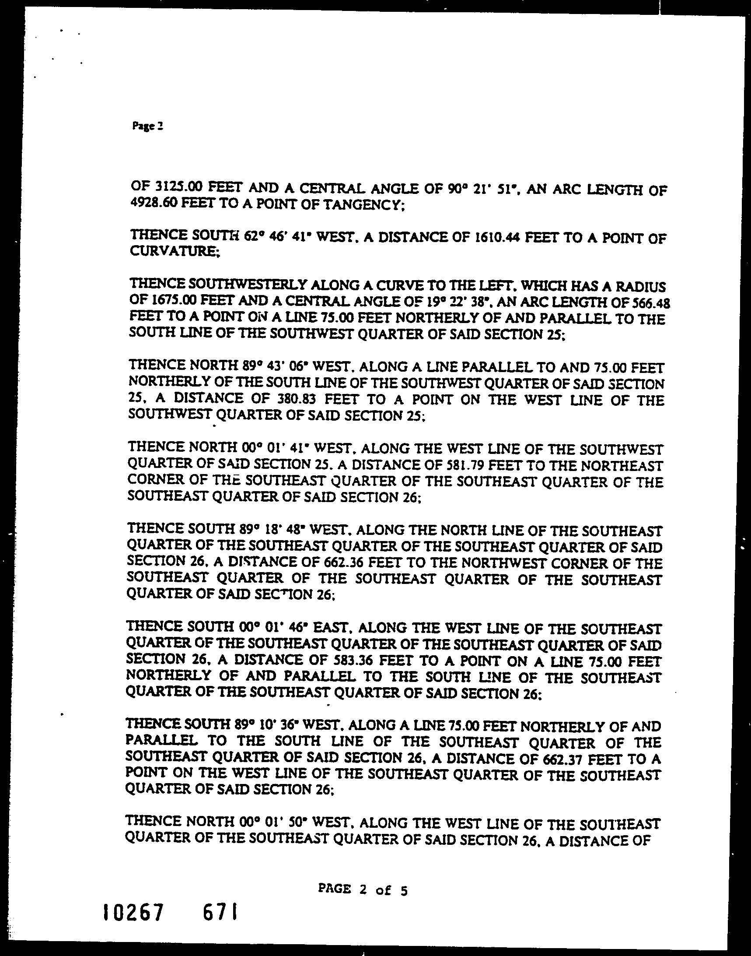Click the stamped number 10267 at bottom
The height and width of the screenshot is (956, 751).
click(x=133, y=924)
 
